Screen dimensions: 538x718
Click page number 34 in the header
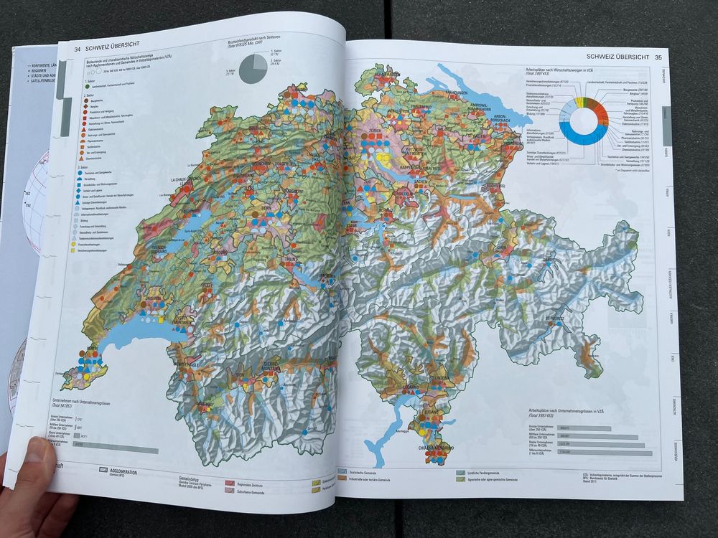pos(78,48)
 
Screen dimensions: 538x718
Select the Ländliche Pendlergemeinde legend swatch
pos(461,473)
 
